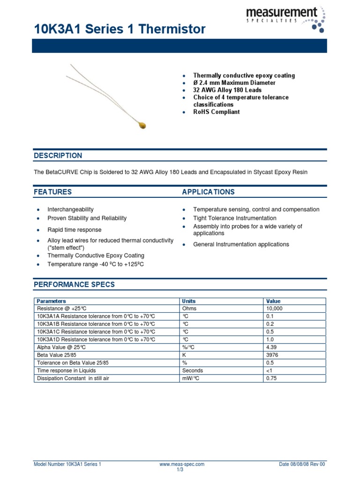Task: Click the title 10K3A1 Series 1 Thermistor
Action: click(120, 29)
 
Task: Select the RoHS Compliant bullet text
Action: click(216, 112)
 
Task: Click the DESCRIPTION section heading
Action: click(58, 156)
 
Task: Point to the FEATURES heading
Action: click(52, 192)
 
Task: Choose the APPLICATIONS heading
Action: click(208, 192)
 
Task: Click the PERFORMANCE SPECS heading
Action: click(74, 285)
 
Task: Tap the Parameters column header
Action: click(51, 301)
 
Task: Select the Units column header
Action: click(189, 301)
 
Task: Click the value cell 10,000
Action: click(274, 308)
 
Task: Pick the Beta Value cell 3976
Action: click(272, 355)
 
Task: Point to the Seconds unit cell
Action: click(192, 370)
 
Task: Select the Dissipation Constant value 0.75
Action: click(271, 378)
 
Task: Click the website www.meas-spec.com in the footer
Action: click(182, 464)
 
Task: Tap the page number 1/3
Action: click(180, 470)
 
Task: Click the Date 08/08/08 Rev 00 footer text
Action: click(302, 464)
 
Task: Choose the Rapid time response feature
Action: click(74, 230)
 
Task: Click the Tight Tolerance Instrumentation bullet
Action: click(235, 218)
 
